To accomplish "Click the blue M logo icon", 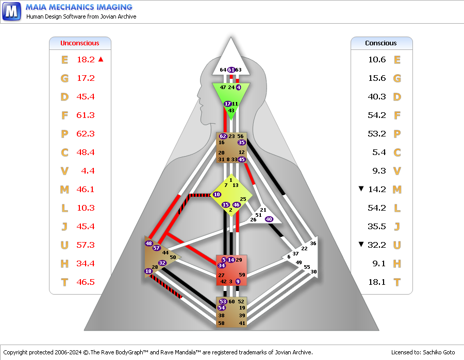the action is pyautogui.click(x=11, y=11).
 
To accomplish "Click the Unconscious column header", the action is pyautogui.click(x=79, y=43).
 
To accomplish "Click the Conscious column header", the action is pyautogui.click(x=380, y=43).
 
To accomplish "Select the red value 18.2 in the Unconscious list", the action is pyautogui.click(x=86, y=60).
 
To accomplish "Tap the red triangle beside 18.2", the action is pyautogui.click(x=101, y=59).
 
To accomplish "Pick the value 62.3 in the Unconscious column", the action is pyautogui.click(x=86, y=134).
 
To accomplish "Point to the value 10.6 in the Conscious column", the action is pyautogui.click(x=377, y=60).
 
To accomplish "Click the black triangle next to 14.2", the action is pyautogui.click(x=361, y=188).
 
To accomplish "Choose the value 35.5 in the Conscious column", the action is pyautogui.click(x=377, y=227).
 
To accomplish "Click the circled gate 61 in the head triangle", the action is pyautogui.click(x=231, y=70).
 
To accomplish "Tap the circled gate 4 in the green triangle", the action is pyautogui.click(x=239, y=87).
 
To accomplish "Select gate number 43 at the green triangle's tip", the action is pyautogui.click(x=231, y=111).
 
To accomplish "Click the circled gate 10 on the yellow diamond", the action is pyautogui.click(x=217, y=195).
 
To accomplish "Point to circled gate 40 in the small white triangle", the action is pyautogui.click(x=269, y=219).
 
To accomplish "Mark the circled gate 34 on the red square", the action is pyautogui.click(x=222, y=265).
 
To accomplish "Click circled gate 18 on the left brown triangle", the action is pyautogui.click(x=148, y=271).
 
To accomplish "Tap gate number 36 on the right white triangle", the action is pyautogui.click(x=313, y=243).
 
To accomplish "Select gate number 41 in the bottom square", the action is pyautogui.click(x=242, y=323).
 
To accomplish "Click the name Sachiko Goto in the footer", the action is pyautogui.click(x=439, y=352).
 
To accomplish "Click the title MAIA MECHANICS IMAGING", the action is pyautogui.click(x=79, y=7).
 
